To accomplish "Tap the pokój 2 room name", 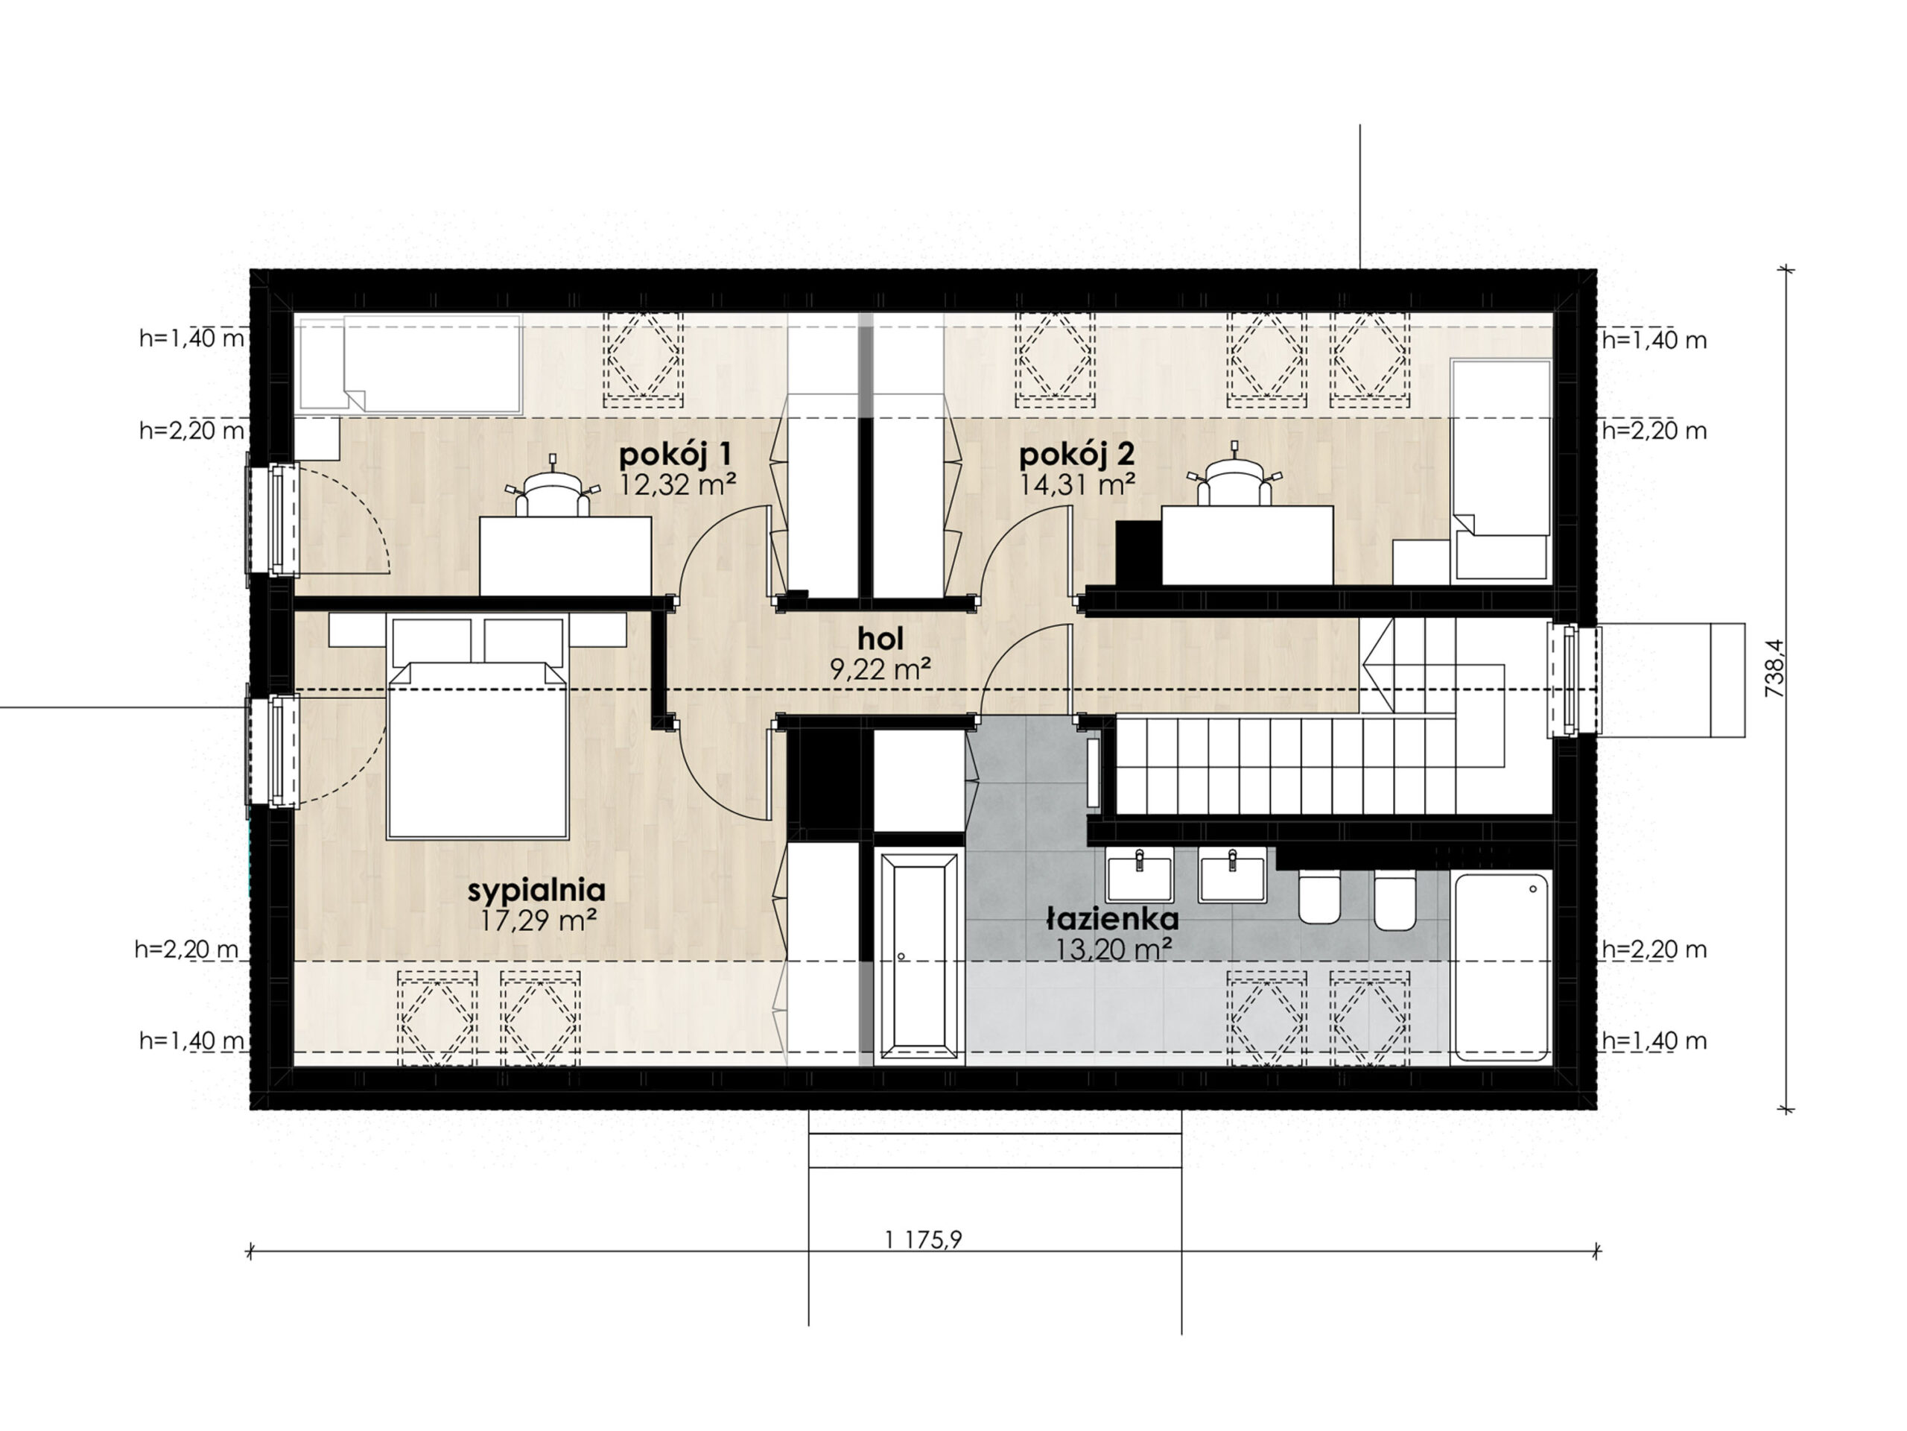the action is click(1076, 454).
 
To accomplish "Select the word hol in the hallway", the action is click(880, 639).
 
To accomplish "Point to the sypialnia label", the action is click(536, 890).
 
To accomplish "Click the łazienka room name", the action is click(1112, 917).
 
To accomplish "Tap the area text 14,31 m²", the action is click(1076, 484).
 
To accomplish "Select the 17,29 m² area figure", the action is click(539, 920).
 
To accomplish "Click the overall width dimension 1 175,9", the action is click(923, 1239).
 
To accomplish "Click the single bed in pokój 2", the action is click(1502, 470).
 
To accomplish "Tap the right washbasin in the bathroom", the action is click(1233, 875).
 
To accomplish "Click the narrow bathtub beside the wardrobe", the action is click(919, 956).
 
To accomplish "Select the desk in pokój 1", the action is click(565, 556).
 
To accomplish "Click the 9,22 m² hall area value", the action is click(880, 669).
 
